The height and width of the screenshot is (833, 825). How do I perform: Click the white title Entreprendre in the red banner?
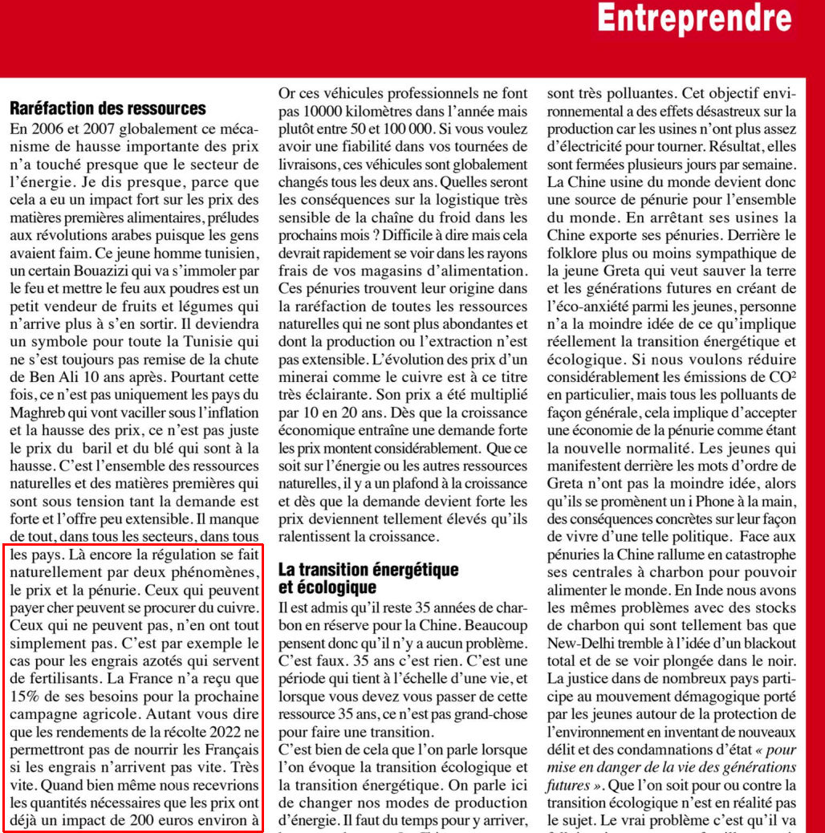tap(694, 18)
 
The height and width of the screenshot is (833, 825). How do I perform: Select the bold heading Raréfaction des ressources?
tap(108, 108)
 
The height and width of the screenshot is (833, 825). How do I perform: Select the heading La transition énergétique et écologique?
tap(368, 578)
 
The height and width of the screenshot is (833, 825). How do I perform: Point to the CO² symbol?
tap(781, 376)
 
